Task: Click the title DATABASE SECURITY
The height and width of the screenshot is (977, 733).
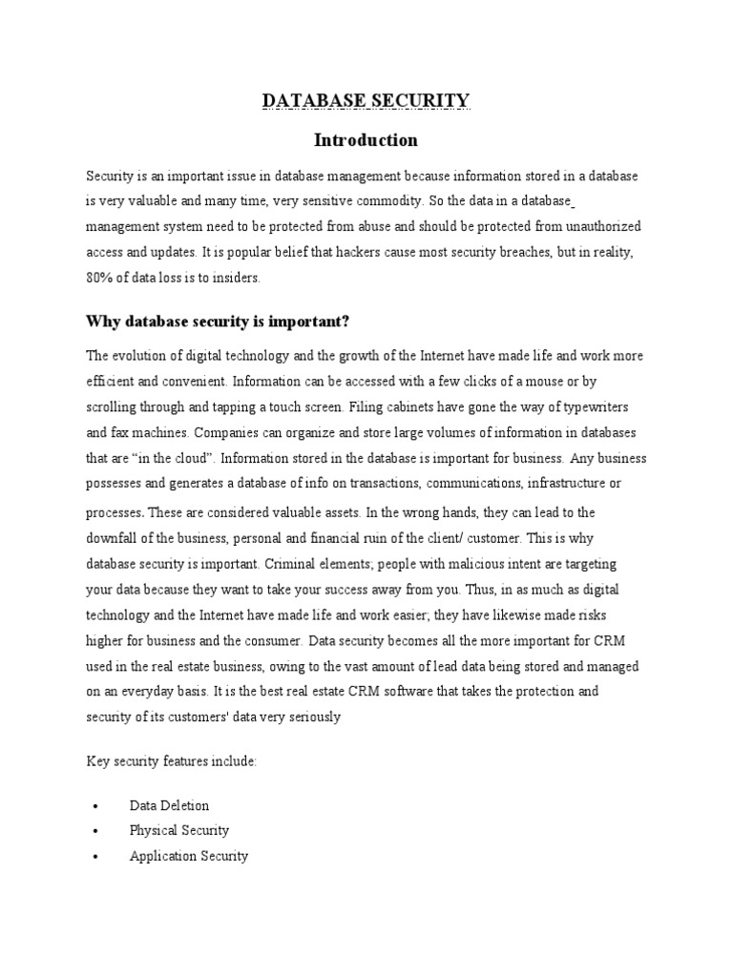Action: tap(366, 100)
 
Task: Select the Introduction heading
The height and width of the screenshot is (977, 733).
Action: tap(366, 140)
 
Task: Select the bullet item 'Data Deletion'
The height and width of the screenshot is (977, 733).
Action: tap(169, 805)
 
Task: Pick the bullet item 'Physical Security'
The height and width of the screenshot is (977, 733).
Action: tap(179, 830)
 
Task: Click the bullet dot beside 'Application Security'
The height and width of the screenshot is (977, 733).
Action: tap(95, 857)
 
